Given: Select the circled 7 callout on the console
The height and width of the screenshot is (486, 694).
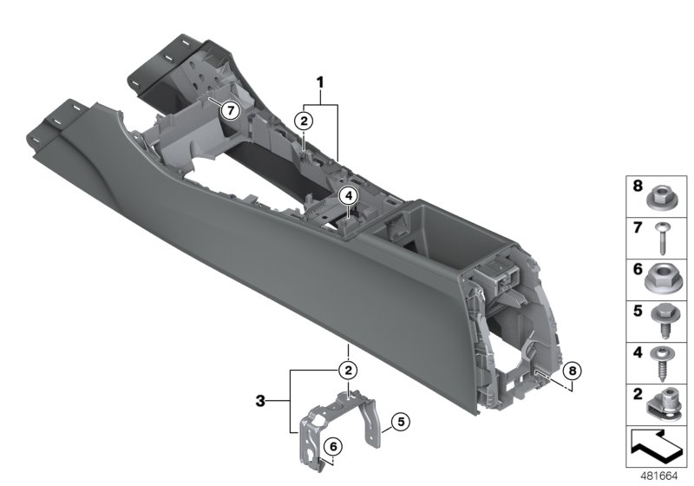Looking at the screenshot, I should tap(229, 110).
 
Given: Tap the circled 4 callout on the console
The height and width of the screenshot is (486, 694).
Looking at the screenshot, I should tap(347, 196).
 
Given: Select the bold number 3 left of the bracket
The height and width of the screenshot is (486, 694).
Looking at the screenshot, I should tap(262, 402).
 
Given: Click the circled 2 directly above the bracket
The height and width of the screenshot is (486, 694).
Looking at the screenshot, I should tap(347, 371).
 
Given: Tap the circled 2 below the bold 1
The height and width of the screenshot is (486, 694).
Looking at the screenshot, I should tap(304, 121).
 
